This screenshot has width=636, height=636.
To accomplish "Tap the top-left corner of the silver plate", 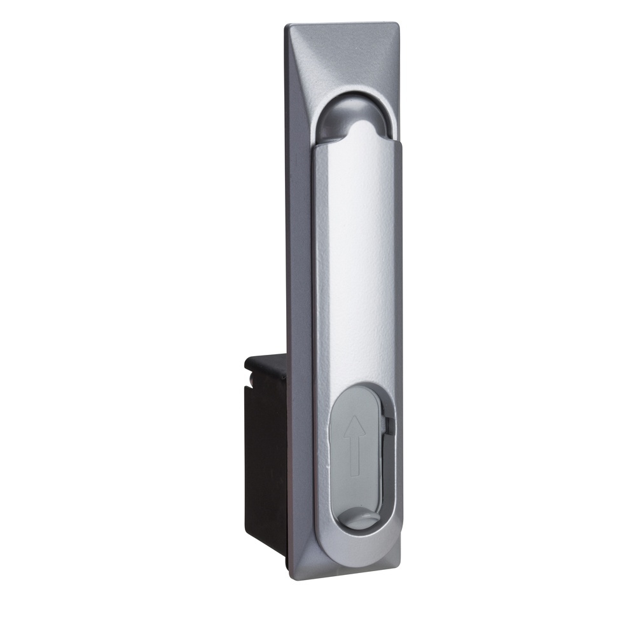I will [287, 27].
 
